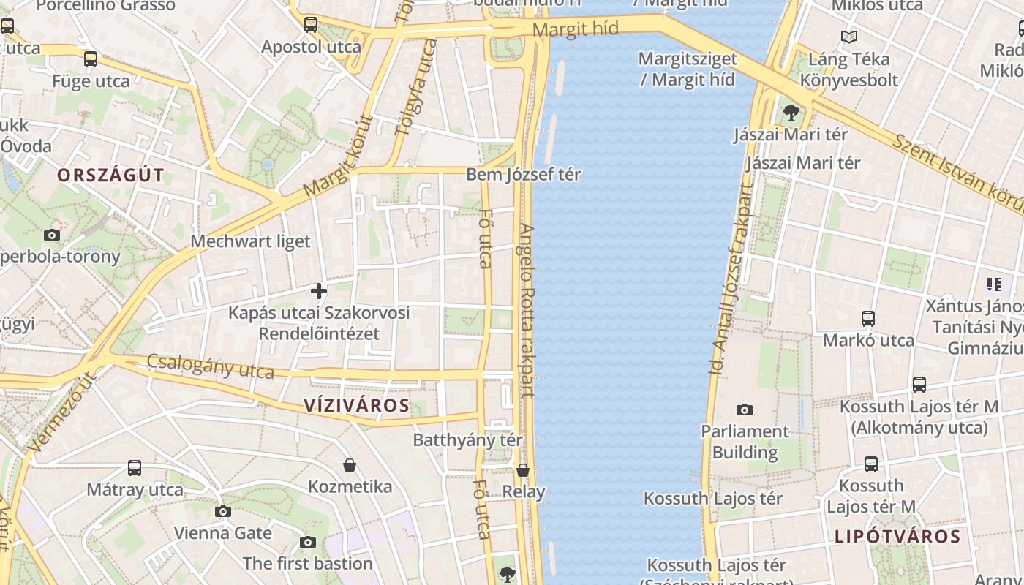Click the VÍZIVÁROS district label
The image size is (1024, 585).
356,405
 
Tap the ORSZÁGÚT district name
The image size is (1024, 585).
110,175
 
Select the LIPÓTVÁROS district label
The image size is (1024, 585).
897,536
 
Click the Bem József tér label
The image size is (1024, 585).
523,174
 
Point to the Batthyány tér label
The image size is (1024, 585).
467,439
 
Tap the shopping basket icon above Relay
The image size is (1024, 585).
523,470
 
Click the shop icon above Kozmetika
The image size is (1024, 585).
350,465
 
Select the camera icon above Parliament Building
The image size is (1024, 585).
745,409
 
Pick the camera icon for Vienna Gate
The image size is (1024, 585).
223,511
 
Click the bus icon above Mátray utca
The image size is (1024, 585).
135,467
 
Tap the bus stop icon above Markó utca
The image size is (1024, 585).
868,319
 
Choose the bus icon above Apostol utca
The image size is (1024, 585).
311,25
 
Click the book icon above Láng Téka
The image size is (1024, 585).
848,37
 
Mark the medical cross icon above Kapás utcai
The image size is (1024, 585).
319,291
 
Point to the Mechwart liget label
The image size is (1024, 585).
250,241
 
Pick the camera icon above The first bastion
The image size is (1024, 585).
308,542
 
